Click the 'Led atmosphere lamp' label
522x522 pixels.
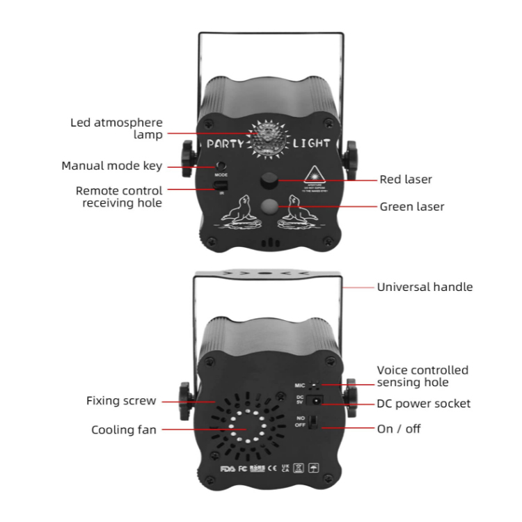point(116,128)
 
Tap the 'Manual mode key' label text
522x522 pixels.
point(111,166)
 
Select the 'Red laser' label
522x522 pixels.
point(406,180)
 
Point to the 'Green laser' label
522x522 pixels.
point(412,207)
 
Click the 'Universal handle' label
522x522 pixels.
point(425,287)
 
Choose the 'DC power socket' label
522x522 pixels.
point(423,404)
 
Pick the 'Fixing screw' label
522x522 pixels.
point(121,401)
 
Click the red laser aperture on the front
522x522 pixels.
point(269,181)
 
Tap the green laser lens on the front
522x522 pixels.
point(269,206)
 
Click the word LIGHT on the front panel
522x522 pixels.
point(311,145)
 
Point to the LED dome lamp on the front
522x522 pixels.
point(264,137)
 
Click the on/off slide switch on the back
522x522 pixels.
point(314,422)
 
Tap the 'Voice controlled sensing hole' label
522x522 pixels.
point(422,376)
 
